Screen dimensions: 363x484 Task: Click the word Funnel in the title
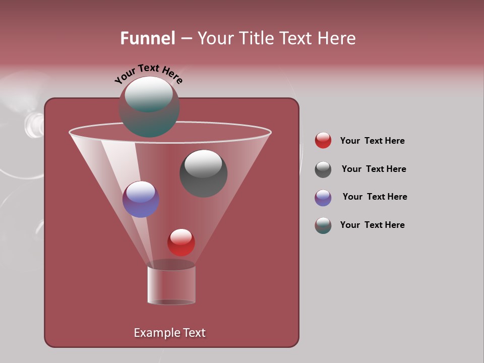coord(147,38)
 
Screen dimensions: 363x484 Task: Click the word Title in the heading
coord(256,38)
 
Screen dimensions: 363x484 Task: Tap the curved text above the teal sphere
coord(148,73)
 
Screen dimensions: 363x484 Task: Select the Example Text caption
coord(169,333)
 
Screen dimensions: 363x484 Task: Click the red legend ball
coord(323,141)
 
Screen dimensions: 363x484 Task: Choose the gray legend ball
coord(323,169)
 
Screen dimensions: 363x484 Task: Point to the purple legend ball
coord(323,198)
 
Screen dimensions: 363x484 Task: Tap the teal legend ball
coord(323,225)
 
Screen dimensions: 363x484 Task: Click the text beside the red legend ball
coord(372,141)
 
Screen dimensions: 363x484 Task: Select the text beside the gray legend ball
coord(374,169)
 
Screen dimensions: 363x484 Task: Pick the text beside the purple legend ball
coord(375,197)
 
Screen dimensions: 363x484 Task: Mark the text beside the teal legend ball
coord(372,225)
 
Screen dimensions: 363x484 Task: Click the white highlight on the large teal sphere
coord(149,93)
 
